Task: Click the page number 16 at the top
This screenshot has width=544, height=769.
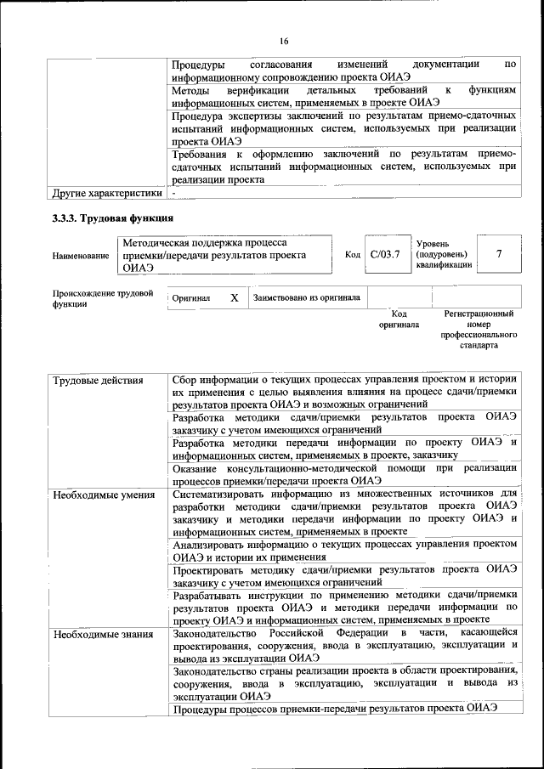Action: point(283,40)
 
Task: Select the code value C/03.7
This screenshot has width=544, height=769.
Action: point(384,254)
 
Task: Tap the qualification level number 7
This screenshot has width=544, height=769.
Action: point(498,254)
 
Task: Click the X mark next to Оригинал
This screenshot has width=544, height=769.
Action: point(234,298)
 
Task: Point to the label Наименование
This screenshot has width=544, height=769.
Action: point(80,255)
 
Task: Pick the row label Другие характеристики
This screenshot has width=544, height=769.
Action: point(106,193)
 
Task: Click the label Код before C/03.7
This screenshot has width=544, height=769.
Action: point(353,254)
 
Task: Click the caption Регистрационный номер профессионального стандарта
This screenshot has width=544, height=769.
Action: point(479,330)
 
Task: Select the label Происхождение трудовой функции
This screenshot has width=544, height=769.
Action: point(102,298)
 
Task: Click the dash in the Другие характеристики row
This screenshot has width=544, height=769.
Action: point(173,193)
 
